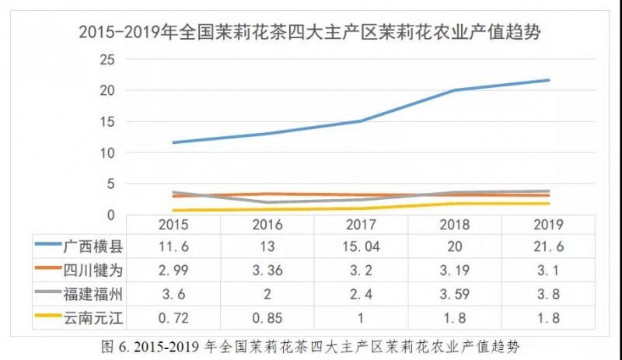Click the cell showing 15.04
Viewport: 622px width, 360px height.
[361, 246]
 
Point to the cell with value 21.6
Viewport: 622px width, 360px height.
[549, 246]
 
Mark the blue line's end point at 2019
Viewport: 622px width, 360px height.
[549, 80]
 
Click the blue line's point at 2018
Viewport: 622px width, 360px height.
[455, 90]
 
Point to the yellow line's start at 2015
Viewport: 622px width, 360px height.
[173, 210]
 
